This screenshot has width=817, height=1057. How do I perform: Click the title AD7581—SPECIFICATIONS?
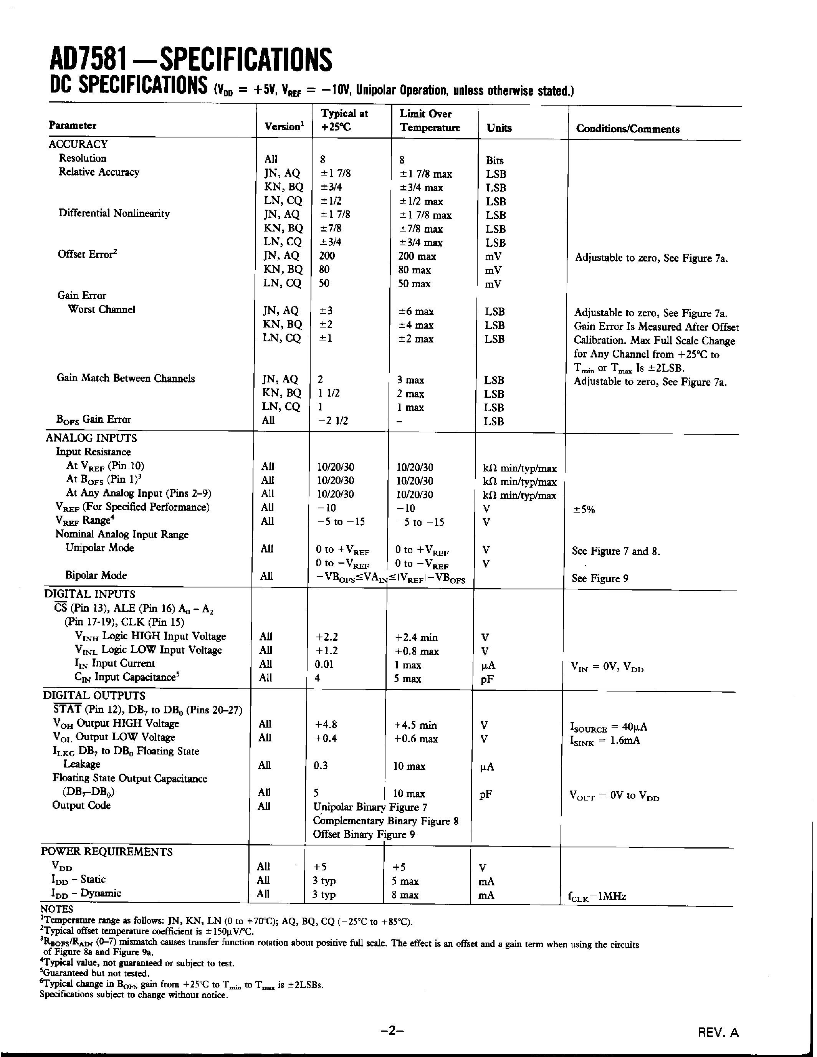(x=191, y=60)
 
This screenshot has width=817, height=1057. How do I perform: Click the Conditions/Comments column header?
(x=627, y=129)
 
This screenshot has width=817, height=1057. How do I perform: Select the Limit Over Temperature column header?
(x=429, y=121)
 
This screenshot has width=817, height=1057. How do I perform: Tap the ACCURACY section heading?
(x=78, y=144)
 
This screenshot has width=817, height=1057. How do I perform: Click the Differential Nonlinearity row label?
(x=114, y=213)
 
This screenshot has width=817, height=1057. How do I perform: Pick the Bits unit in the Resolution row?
(x=495, y=160)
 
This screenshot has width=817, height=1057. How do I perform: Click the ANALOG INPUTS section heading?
(x=91, y=438)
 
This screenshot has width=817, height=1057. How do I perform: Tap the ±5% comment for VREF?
(x=584, y=509)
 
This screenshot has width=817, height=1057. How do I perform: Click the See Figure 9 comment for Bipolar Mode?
(x=600, y=578)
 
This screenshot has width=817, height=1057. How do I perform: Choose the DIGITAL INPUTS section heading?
(x=89, y=594)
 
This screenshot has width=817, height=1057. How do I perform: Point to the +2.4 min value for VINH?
(x=416, y=638)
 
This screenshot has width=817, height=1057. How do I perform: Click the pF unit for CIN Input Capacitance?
(x=487, y=679)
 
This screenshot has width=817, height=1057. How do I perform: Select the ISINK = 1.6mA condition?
(x=605, y=741)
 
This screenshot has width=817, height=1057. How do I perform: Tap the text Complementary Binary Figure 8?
(x=385, y=821)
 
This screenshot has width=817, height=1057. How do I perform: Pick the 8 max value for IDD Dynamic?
(x=405, y=895)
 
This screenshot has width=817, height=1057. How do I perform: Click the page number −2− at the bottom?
(x=392, y=1031)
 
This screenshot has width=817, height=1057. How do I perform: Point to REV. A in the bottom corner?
(x=718, y=1033)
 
